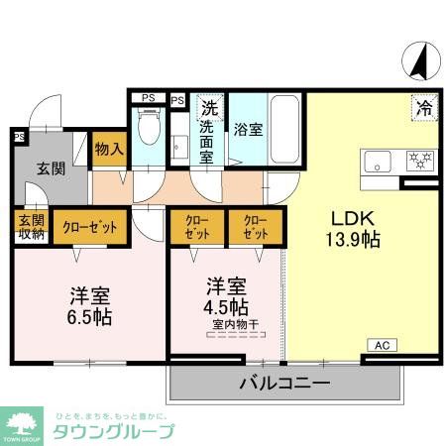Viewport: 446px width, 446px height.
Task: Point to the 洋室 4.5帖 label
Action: pyautogui.click(x=227, y=296)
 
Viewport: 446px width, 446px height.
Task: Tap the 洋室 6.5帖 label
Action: pyautogui.click(x=89, y=305)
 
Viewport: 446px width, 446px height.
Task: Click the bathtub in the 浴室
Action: pyautogui.click(x=285, y=129)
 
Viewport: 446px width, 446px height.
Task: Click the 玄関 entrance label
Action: pyautogui.click(x=52, y=167)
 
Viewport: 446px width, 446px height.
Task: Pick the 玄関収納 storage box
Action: pyautogui.click(x=31, y=227)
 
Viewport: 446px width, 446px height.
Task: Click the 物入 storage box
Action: pyautogui.click(x=109, y=150)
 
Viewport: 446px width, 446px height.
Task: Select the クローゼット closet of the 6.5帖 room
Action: pyautogui.click(x=88, y=227)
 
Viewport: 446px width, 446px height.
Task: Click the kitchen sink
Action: pyautogui.click(x=381, y=161)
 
